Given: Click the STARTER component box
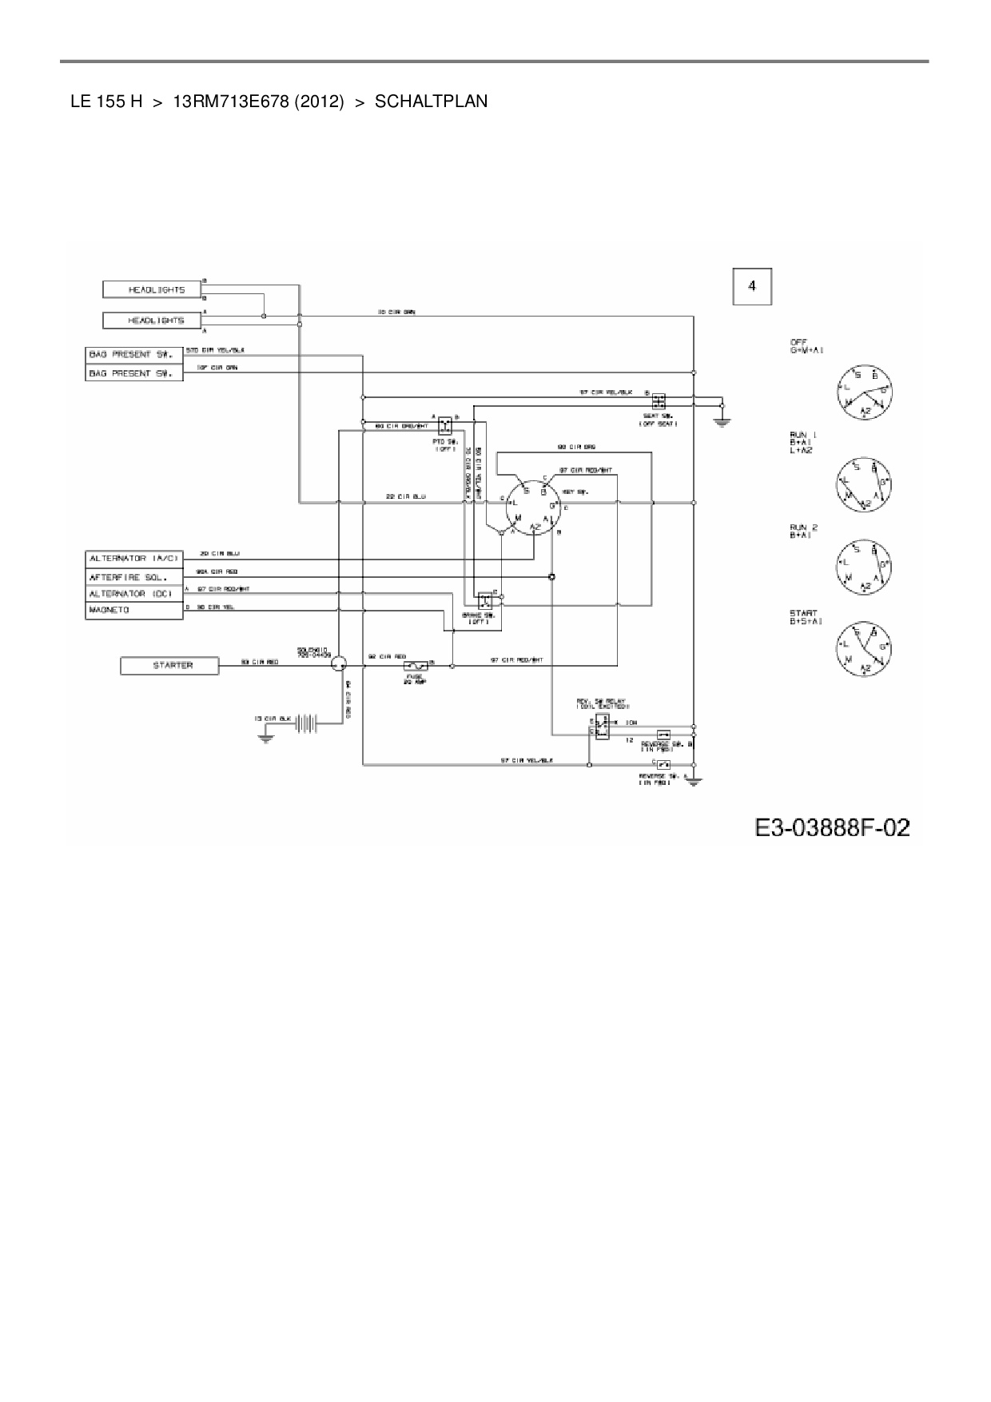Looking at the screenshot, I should pyautogui.click(x=169, y=665).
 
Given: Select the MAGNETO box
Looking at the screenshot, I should pyautogui.click(x=133, y=611).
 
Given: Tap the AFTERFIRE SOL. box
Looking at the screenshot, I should pyautogui.click(x=133, y=576).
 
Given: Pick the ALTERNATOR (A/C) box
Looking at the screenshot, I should pyautogui.click(x=133, y=558).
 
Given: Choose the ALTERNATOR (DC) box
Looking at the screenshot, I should pyautogui.click(x=133, y=594).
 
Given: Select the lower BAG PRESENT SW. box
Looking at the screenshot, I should pyautogui.click(x=133, y=373).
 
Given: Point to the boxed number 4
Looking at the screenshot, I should pyautogui.click(x=752, y=286).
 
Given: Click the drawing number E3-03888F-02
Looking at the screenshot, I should pyautogui.click(x=831, y=826).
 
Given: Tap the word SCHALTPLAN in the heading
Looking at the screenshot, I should pyautogui.click(x=431, y=102).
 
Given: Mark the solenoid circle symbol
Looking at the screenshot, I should pyautogui.click(x=339, y=663).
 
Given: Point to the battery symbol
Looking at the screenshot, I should pyautogui.click(x=308, y=723).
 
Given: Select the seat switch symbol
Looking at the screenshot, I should pyautogui.click(x=659, y=401).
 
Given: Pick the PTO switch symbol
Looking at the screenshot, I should pyautogui.click(x=445, y=424).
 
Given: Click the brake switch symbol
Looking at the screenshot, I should pyautogui.click(x=484, y=599).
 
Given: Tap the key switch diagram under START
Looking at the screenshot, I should pyautogui.click(x=864, y=647).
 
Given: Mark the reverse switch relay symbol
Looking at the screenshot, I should pyautogui.click(x=601, y=727).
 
